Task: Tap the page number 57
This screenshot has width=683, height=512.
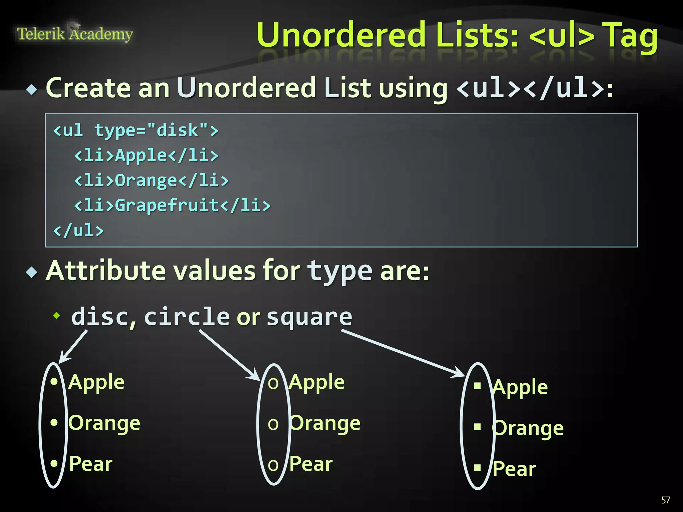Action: (x=666, y=500)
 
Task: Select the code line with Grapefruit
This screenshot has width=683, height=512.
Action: (x=172, y=205)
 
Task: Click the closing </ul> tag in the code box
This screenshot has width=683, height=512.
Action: (x=79, y=230)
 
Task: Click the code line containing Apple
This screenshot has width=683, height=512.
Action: (x=146, y=155)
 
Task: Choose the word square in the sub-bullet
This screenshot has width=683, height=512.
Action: (x=309, y=317)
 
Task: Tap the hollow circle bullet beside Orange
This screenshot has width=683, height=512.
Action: (x=273, y=424)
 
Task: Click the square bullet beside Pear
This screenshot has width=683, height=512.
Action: (x=478, y=468)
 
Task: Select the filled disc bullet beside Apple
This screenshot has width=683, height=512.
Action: (x=54, y=381)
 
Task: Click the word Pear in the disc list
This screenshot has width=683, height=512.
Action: (x=91, y=464)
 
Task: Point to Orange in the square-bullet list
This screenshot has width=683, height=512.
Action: (x=528, y=428)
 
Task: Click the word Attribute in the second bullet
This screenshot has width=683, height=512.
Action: (x=106, y=271)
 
